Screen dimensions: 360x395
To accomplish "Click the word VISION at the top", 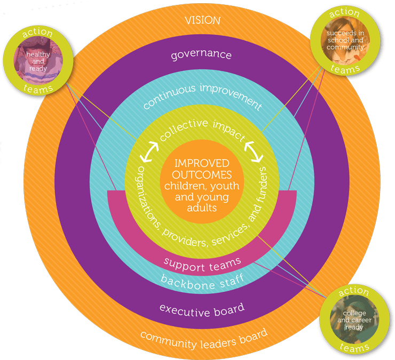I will (x=202, y=21).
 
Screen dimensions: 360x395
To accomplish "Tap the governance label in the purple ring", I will (x=202, y=55).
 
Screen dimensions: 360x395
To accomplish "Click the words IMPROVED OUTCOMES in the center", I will (x=202, y=169).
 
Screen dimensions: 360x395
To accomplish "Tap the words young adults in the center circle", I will (x=202, y=202).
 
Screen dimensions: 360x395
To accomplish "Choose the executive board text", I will (x=202, y=308).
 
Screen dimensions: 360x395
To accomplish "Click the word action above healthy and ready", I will (x=38, y=33).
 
